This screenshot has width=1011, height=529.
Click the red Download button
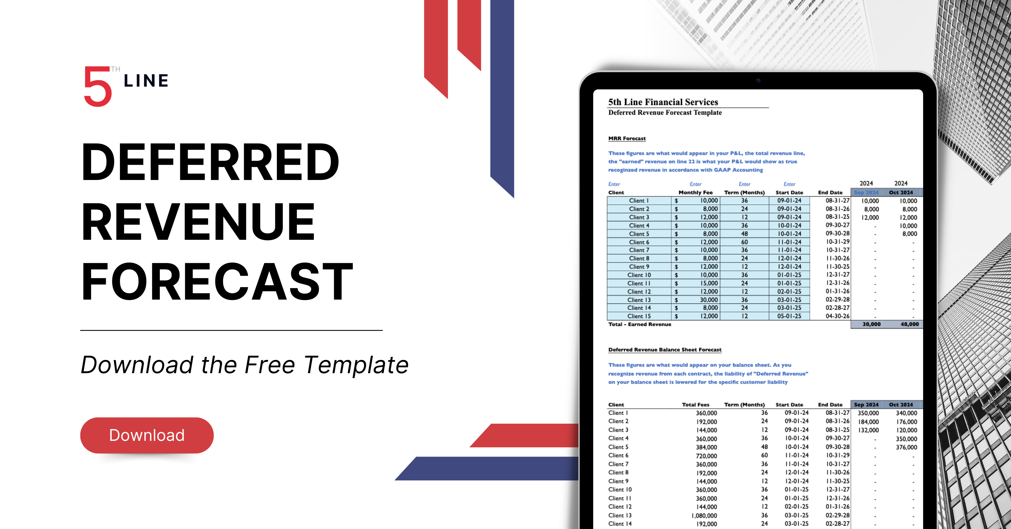(147, 435)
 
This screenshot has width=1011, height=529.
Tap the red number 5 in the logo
(98, 87)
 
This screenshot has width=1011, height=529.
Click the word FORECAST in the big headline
(217, 281)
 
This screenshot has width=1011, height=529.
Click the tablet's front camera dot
(758, 81)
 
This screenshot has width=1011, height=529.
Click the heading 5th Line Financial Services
(663, 102)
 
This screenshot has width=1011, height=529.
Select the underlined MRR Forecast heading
(627, 138)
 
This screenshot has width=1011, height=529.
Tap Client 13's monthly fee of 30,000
(709, 300)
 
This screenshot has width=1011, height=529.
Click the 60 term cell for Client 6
(744, 242)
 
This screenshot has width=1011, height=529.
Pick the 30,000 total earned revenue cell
(871, 324)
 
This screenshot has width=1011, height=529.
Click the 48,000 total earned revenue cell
(909, 324)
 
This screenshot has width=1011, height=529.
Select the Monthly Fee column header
(695, 192)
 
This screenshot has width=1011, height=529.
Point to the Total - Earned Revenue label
(639, 324)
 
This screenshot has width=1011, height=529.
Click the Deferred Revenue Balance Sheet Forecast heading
(665, 350)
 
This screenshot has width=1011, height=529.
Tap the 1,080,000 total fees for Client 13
(704, 516)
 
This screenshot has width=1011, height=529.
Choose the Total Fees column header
(695, 405)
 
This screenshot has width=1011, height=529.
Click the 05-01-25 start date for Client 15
(789, 316)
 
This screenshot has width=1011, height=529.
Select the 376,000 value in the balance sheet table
(906, 447)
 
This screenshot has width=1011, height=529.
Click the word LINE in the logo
(146, 81)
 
